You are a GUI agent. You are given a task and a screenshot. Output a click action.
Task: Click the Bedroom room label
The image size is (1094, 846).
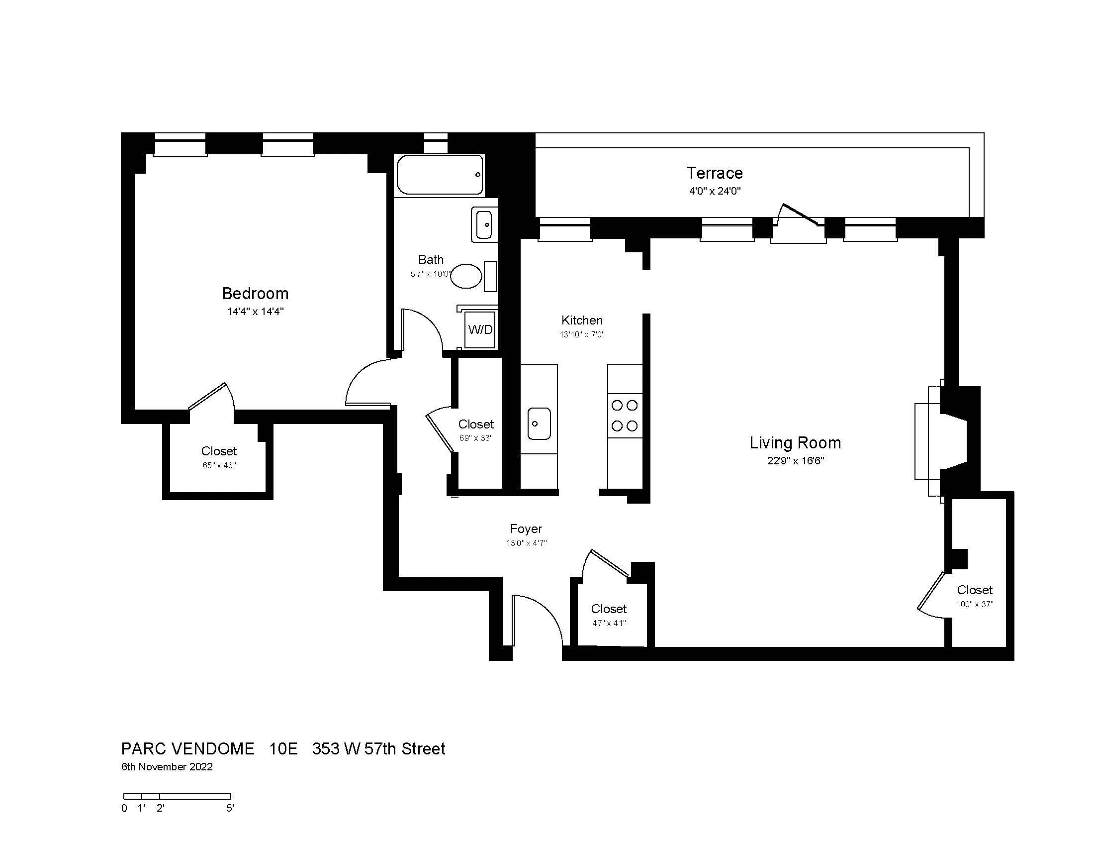(x=255, y=293)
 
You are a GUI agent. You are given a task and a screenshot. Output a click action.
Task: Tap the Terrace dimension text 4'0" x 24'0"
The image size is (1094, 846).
(x=714, y=191)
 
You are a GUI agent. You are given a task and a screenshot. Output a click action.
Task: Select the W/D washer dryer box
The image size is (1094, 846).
(x=480, y=329)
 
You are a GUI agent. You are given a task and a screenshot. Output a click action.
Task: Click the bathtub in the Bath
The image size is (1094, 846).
(x=440, y=174)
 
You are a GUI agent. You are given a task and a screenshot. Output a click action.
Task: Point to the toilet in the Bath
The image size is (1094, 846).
(x=467, y=276)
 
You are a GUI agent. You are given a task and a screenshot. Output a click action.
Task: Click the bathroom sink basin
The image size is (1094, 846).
(x=484, y=224)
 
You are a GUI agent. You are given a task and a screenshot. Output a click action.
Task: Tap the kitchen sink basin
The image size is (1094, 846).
(x=539, y=423)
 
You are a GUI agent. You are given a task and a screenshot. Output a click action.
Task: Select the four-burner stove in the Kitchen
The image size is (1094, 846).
(x=625, y=416)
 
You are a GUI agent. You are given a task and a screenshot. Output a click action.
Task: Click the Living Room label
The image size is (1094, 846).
(x=795, y=442)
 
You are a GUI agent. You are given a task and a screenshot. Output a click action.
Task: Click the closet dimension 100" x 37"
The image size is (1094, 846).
(x=974, y=605)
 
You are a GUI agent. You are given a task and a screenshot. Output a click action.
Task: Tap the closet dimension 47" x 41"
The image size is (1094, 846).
(x=609, y=624)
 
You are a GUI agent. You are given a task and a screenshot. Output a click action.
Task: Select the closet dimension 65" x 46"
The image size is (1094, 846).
(x=219, y=466)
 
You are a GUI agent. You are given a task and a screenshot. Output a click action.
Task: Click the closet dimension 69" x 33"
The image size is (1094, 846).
(x=476, y=438)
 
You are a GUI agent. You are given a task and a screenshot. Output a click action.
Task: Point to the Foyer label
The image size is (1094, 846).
(x=526, y=529)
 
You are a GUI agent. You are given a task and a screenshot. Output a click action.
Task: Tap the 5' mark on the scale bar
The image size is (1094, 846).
(x=230, y=808)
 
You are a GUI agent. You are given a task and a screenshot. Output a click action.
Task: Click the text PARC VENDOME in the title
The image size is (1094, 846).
(x=188, y=749)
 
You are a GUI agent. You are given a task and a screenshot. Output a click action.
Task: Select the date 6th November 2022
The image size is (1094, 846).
(x=167, y=767)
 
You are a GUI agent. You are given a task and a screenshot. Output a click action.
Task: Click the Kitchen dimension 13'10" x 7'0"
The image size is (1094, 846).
(x=582, y=335)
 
